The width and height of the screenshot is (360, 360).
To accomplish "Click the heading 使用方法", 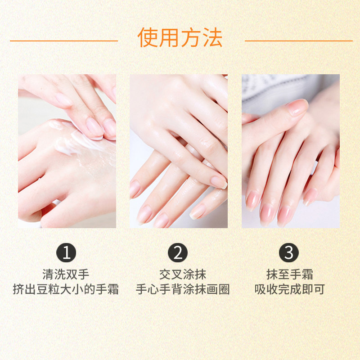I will pyautogui.click(x=180, y=38).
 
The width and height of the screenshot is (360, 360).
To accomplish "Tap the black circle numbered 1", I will pyautogui.click(x=66, y=253).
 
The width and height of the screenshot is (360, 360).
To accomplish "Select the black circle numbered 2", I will pyautogui.click(x=178, y=253).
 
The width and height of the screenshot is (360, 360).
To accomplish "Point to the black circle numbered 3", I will pyautogui.click(x=289, y=253).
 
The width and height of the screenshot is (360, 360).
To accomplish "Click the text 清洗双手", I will pyautogui.click(x=66, y=274).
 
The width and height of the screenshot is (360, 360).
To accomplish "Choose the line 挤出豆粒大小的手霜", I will pyautogui.click(x=66, y=289).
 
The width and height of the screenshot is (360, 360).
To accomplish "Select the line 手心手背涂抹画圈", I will pyautogui.click(x=183, y=289).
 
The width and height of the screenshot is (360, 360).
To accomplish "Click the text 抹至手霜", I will pyautogui.click(x=289, y=274).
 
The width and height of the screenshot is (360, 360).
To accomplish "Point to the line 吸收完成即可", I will pyautogui.click(x=289, y=289).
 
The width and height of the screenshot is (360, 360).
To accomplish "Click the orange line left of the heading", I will pyautogui.click(x=63, y=40).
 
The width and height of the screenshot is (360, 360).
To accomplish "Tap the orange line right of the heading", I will pyautogui.click(x=298, y=40).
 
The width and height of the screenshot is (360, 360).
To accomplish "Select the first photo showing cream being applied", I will pyautogui.click(x=67, y=151).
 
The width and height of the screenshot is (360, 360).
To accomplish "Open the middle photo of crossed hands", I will pyautogui.click(x=179, y=151).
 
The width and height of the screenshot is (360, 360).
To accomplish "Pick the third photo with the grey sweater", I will pyautogui.click(x=290, y=151).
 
